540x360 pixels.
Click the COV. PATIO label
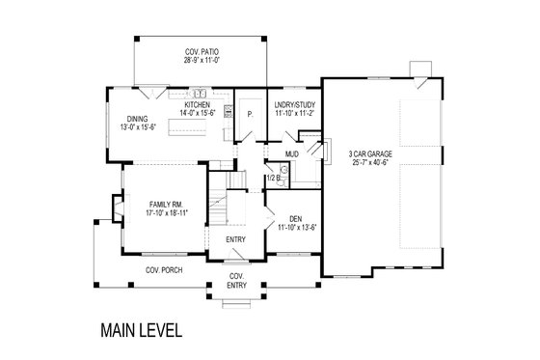coord(202,50)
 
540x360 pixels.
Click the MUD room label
coord(288,152)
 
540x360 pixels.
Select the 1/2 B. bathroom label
coord(273,178)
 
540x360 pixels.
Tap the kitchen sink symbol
coord(201,95)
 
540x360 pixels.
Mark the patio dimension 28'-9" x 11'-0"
coord(202,59)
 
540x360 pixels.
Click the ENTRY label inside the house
coord(235,239)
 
